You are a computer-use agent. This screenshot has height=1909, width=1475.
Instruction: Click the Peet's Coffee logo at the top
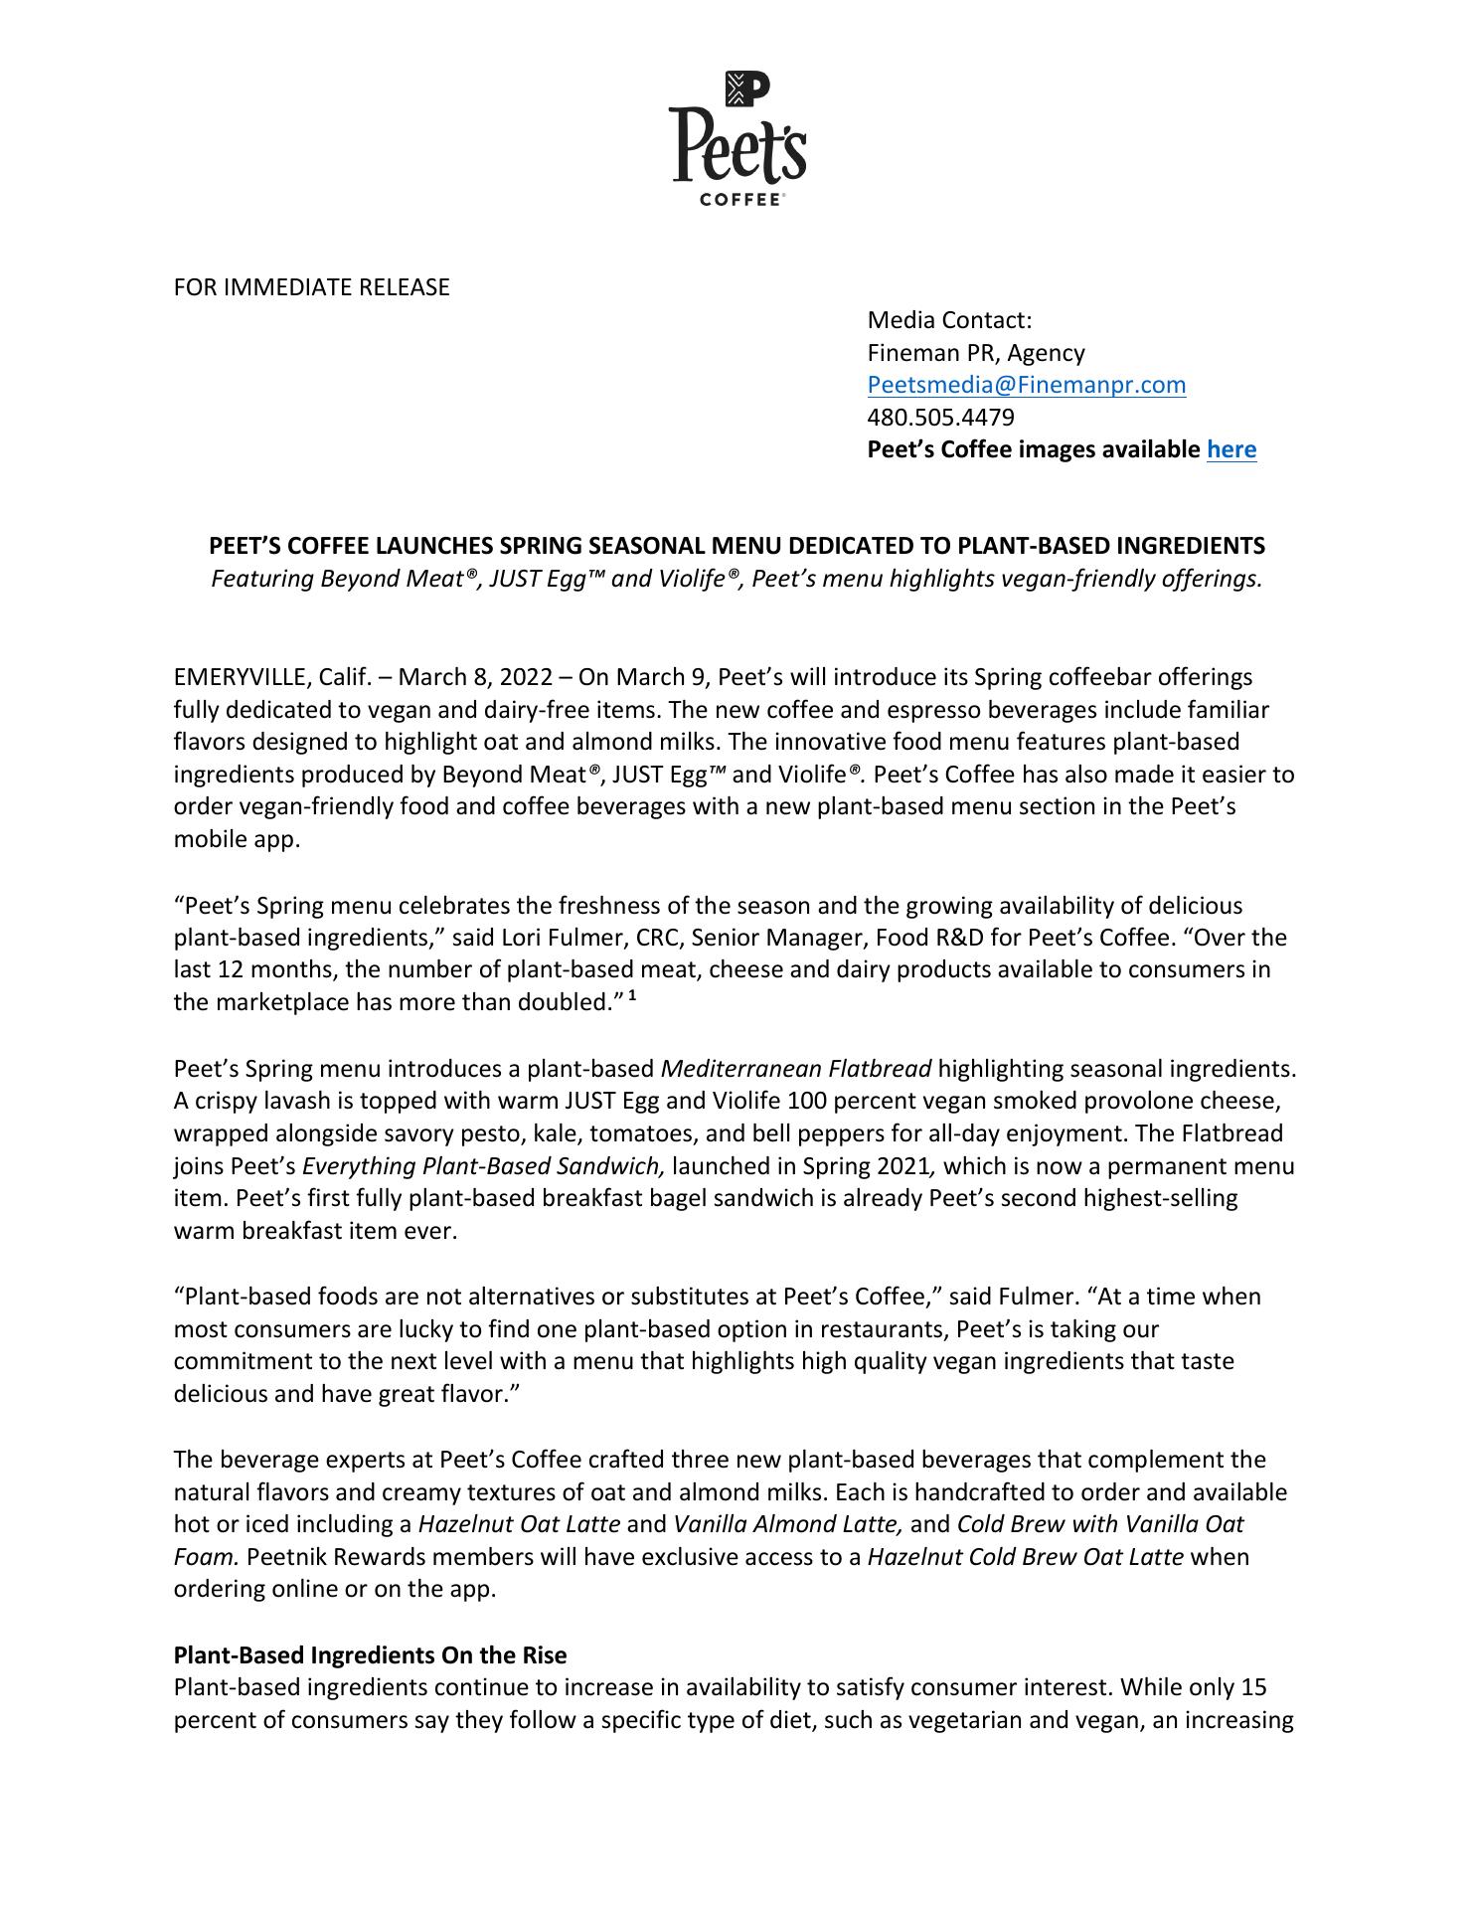point(737,138)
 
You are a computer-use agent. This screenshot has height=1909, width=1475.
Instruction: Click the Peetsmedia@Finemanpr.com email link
point(1026,385)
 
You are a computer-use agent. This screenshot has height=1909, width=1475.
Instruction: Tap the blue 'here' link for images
point(1230,449)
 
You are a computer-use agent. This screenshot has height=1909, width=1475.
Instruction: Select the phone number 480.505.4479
point(940,417)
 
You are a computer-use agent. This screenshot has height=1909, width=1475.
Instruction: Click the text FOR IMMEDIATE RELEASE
point(311,287)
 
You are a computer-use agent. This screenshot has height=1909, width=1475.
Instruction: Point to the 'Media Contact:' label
point(949,320)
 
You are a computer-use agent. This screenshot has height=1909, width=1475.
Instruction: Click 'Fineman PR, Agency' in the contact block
point(975,353)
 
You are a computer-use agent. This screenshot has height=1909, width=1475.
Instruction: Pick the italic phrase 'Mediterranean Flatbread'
point(795,1069)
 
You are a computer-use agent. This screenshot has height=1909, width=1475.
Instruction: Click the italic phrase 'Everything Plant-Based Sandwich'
point(483,1166)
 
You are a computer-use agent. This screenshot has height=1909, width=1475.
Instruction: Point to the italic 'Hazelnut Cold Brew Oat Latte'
point(1025,1557)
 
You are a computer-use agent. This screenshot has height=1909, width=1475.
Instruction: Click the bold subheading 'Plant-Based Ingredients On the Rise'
point(370,1655)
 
